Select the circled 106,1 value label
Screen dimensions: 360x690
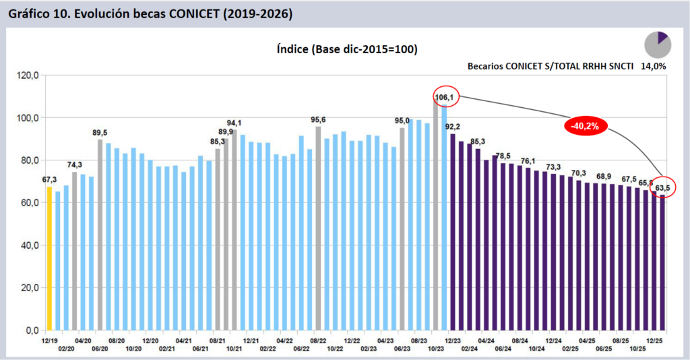click(x=445, y=98)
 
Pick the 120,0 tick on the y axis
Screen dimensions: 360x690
click(x=30, y=75)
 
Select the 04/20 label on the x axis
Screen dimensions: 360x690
click(x=84, y=341)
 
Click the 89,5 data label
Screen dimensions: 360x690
click(x=100, y=133)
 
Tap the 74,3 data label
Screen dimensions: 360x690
click(x=74, y=165)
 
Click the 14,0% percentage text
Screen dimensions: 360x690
click(x=653, y=66)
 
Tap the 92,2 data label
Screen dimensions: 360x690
click(x=453, y=127)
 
